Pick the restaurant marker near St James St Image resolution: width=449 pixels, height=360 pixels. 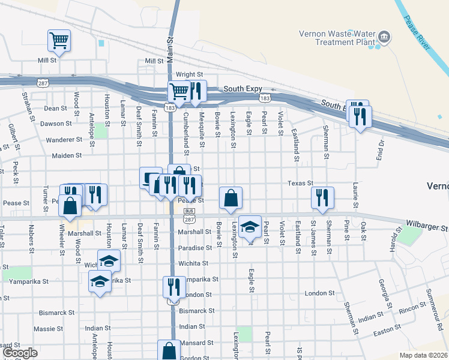point(322,197)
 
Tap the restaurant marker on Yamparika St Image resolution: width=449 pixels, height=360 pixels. point(171,287)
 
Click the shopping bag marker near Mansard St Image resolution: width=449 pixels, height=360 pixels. point(169,350)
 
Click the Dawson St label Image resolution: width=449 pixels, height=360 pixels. point(56,124)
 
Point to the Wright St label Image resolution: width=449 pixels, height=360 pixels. point(189,74)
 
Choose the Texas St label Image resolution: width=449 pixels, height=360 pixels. point(300,183)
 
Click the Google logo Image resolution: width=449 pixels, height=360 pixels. point(20,353)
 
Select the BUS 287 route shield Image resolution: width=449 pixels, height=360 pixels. point(188,215)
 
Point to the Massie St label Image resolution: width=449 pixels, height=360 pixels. point(44,329)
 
